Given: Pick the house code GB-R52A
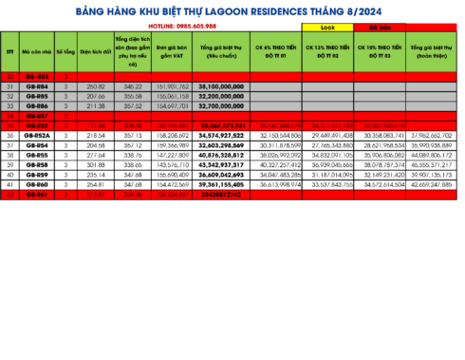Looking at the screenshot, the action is [x=37, y=136].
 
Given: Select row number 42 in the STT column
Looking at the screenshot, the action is [x=10, y=195].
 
